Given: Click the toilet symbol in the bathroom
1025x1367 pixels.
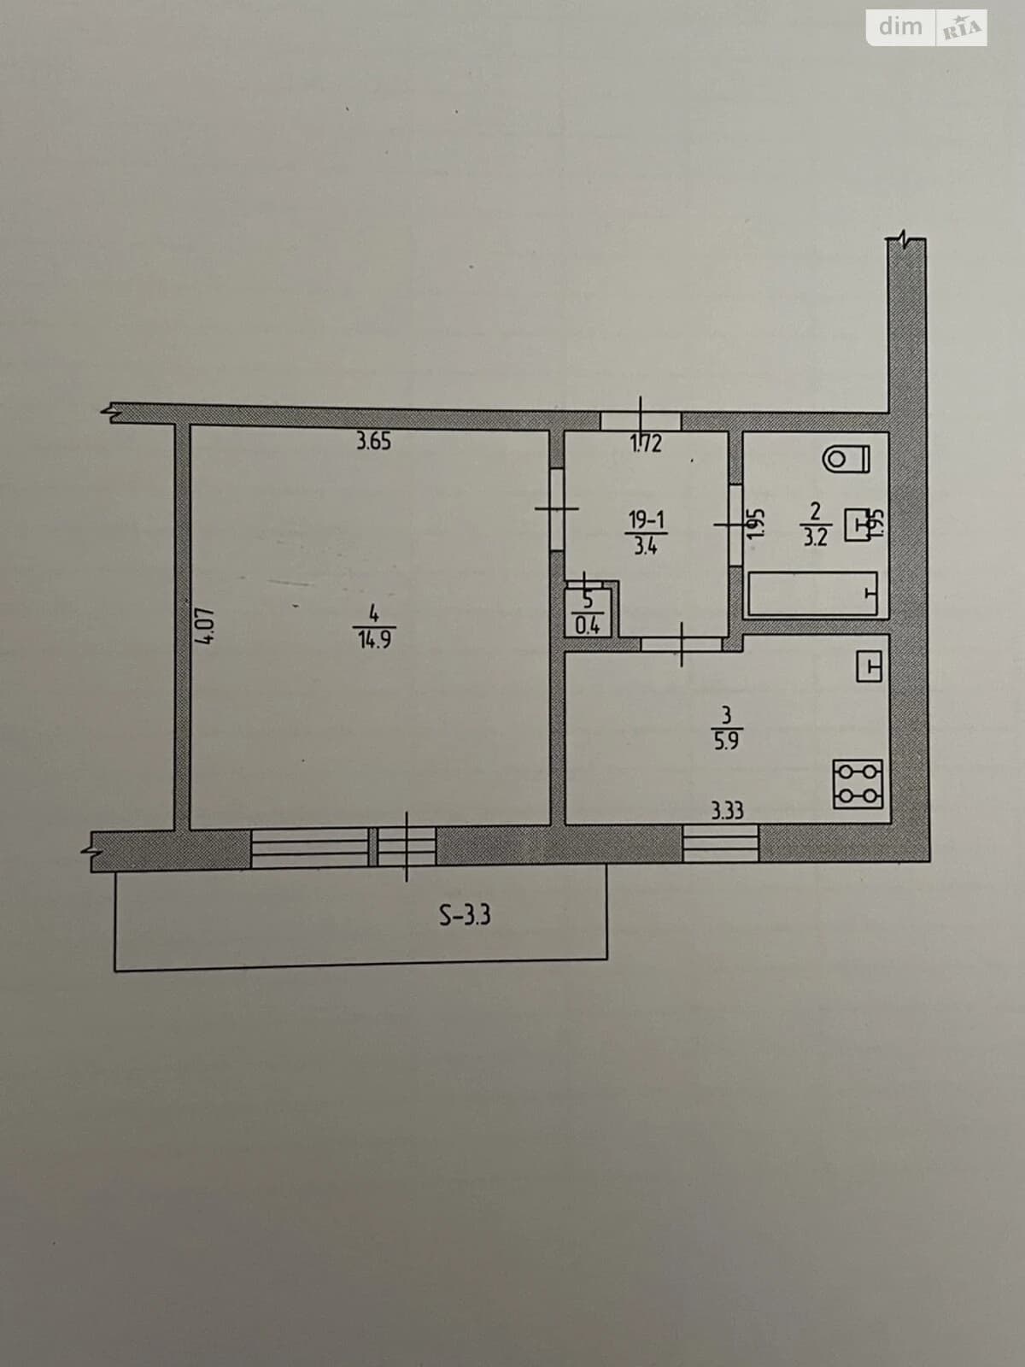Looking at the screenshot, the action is (x=846, y=460).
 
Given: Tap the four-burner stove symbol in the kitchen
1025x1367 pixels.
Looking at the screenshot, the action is (x=858, y=784).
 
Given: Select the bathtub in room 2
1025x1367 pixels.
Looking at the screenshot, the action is (x=813, y=594).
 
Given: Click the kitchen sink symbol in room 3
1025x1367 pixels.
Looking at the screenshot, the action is (x=869, y=667).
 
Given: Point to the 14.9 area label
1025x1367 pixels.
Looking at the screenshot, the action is (x=374, y=640).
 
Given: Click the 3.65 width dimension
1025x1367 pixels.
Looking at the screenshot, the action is (x=373, y=442).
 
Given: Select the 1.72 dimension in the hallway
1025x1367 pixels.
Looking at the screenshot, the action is (x=646, y=443).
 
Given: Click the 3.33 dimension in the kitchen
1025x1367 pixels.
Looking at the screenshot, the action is (x=728, y=811).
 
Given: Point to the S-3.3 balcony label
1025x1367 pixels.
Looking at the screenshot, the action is (x=465, y=915).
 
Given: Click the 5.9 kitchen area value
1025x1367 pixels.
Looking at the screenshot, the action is (x=726, y=741).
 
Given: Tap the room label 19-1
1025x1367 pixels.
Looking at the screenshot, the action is (x=647, y=519).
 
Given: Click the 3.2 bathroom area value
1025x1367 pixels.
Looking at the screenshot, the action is (x=815, y=537).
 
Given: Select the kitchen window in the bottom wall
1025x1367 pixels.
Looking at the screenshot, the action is (x=721, y=842).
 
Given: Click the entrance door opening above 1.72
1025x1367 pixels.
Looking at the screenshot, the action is (x=641, y=420).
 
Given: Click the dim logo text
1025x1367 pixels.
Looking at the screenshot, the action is (x=900, y=26).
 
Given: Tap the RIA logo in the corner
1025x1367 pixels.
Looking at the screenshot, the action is (x=962, y=28).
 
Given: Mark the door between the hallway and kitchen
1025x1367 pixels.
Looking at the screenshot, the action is (x=682, y=644).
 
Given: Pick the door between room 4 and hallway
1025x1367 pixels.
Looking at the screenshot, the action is (x=557, y=509).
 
